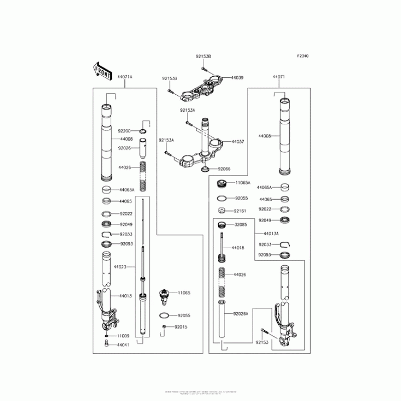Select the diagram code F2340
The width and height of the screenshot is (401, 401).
302,56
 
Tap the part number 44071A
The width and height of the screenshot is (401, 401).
124,77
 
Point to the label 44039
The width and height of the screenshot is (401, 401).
237,78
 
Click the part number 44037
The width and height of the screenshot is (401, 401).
238,142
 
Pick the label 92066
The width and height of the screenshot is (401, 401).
224,169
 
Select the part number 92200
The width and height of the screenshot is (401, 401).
124,131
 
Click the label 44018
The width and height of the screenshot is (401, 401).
238,248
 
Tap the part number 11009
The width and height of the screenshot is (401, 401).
123,335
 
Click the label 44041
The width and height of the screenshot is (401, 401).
123,345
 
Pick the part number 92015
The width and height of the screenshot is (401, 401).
180,327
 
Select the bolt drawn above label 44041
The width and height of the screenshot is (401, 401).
107,344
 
